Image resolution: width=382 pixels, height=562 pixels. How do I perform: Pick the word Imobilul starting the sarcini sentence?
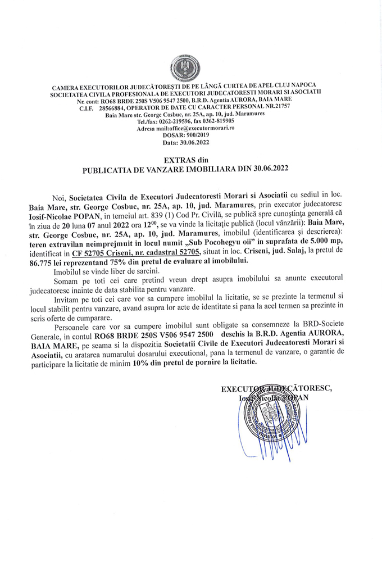[x=68, y=271]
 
